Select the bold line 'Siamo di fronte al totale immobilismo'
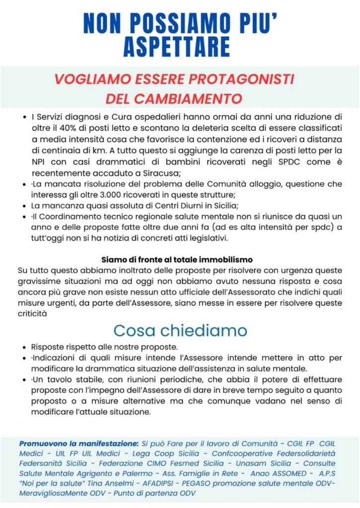[177, 259]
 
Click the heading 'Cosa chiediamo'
[180, 330]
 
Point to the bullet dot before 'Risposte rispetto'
[24, 347]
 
